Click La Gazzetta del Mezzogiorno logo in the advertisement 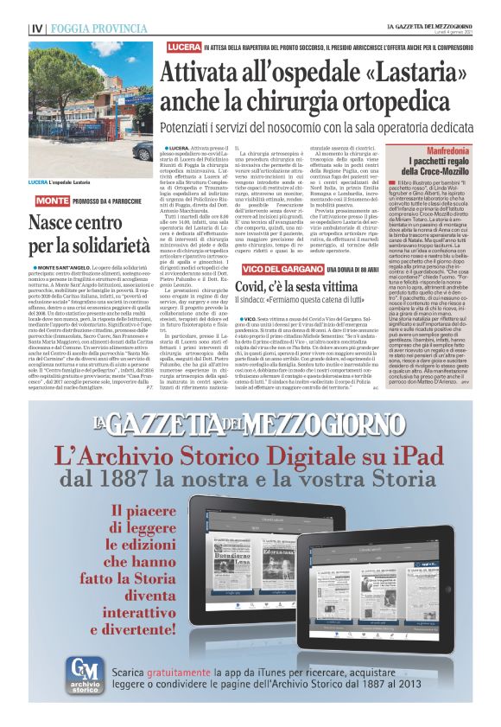pos(250,422)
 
